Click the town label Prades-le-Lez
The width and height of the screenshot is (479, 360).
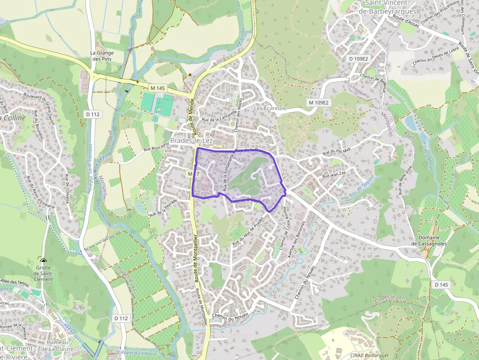[x=191, y=140]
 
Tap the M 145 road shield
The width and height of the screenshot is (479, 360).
[x=158, y=88]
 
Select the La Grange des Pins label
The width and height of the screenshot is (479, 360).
[x=102, y=56]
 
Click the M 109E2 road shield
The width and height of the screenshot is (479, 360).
[x=319, y=103]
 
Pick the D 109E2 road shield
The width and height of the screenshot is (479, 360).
[x=358, y=59]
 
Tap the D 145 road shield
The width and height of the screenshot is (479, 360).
[x=441, y=284]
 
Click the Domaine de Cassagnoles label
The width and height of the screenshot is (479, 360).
[x=429, y=240]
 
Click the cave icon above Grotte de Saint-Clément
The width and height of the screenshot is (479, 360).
[x=44, y=262]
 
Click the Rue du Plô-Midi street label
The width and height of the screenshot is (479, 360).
[x=337, y=153]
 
